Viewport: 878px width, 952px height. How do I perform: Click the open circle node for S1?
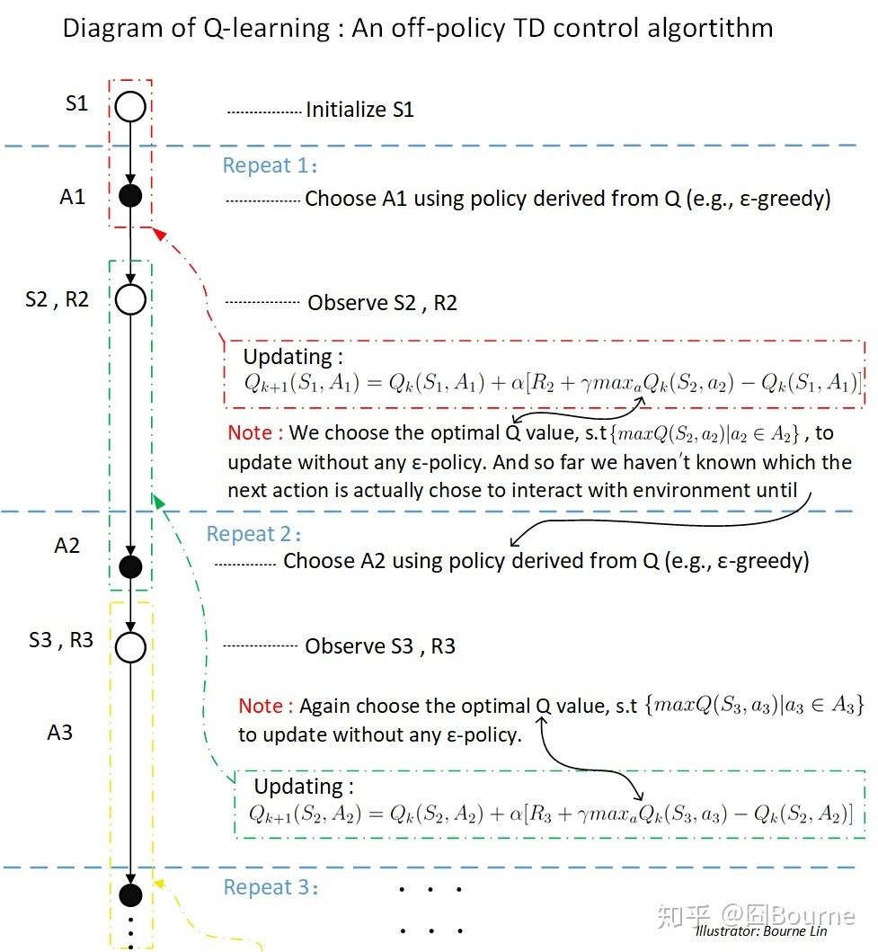pyautogui.click(x=130, y=108)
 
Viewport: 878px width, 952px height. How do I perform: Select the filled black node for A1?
pyautogui.click(x=130, y=196)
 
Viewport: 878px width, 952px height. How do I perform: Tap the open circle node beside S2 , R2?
pyautogui.click(x=131, y=299)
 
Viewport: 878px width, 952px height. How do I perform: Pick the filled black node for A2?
pyautogui.click(x=131, y=566)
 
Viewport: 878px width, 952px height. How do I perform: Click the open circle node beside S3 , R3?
pyautogui.click(x=131, y=647)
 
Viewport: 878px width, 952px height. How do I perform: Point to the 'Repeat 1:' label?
pyautogui.click(x=270, y=166)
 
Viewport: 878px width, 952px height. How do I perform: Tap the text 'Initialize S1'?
pyautogui.click(x=359, y=110)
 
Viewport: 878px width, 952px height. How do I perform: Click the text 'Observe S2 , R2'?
pyautogui.click(x=382, y=303)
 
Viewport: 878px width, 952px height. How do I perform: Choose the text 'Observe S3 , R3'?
pyautogui.click(x=380, y=646)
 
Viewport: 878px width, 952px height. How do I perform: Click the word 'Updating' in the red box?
pyautogui.click(x=293, y=357)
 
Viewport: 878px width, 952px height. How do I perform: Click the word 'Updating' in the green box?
pyautogui.click(x=304, y=787)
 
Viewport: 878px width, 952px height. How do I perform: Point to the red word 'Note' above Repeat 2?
pyautogui.click(x=250, y=432)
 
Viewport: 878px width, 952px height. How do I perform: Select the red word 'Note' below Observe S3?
pyautogui.click(x=261, y=706)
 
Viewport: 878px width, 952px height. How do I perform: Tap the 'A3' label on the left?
pyautogui.click(x=59, y=733)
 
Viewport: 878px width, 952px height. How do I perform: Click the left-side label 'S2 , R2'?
pyautogui.click(x=58, y=299)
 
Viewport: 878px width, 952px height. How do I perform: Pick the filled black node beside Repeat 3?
pyautogui.click(x=131, y=894)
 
